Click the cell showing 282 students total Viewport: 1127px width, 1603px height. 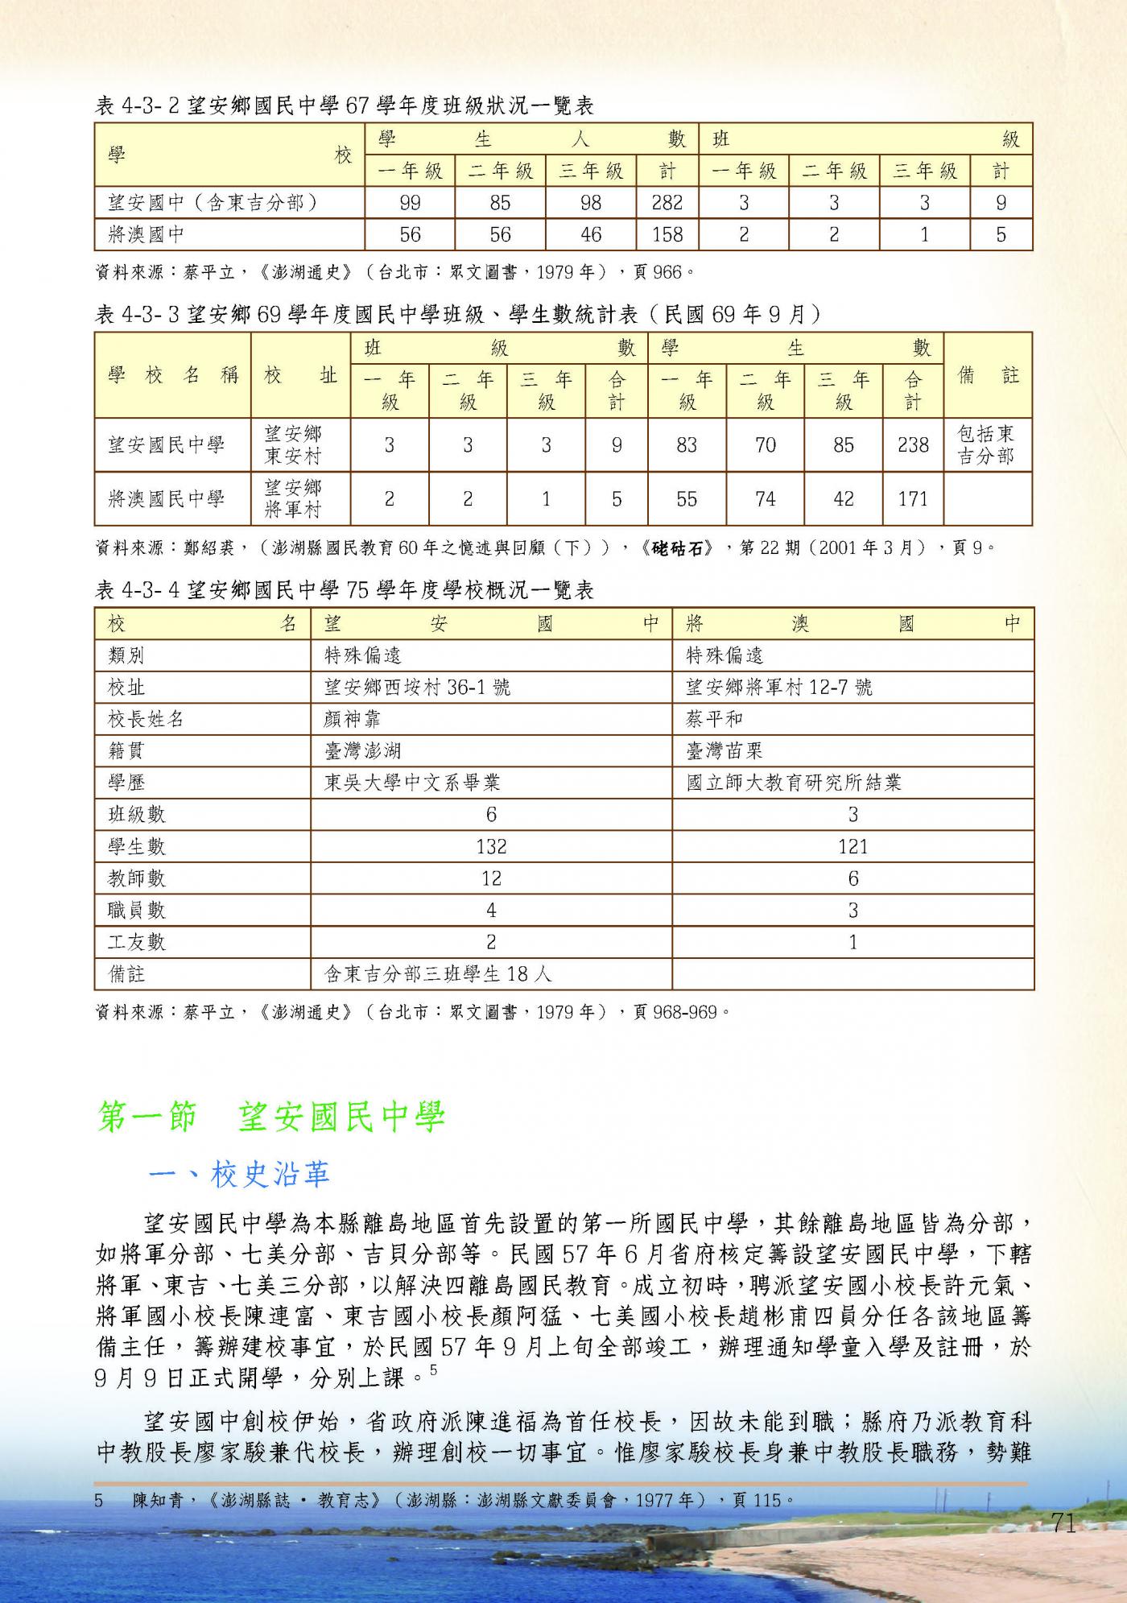(667, 203)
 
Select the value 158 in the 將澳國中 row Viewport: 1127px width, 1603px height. (667, 234)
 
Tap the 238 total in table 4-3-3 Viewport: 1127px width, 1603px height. (913, 445)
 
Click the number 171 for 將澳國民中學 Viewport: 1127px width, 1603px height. (913, 499)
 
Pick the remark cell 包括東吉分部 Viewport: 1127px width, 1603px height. (986, 445)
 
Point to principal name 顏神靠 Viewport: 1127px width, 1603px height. (352, 719)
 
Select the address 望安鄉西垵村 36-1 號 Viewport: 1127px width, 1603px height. (416, 688)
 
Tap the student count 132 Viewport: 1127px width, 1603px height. (491, 846)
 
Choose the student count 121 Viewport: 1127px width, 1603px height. (852, 846)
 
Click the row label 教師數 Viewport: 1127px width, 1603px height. (137, 878)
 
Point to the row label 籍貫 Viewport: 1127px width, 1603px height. (127, 751)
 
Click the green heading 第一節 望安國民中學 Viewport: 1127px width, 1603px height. (270, 1118)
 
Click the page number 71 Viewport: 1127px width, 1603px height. (1063, 1522)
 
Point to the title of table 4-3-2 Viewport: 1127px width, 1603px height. (345, 105)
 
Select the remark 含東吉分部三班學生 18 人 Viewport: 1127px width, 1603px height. (438, 974)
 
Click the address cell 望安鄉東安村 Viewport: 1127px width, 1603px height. (293, 445)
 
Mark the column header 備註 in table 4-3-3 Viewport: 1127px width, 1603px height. (988, 375)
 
